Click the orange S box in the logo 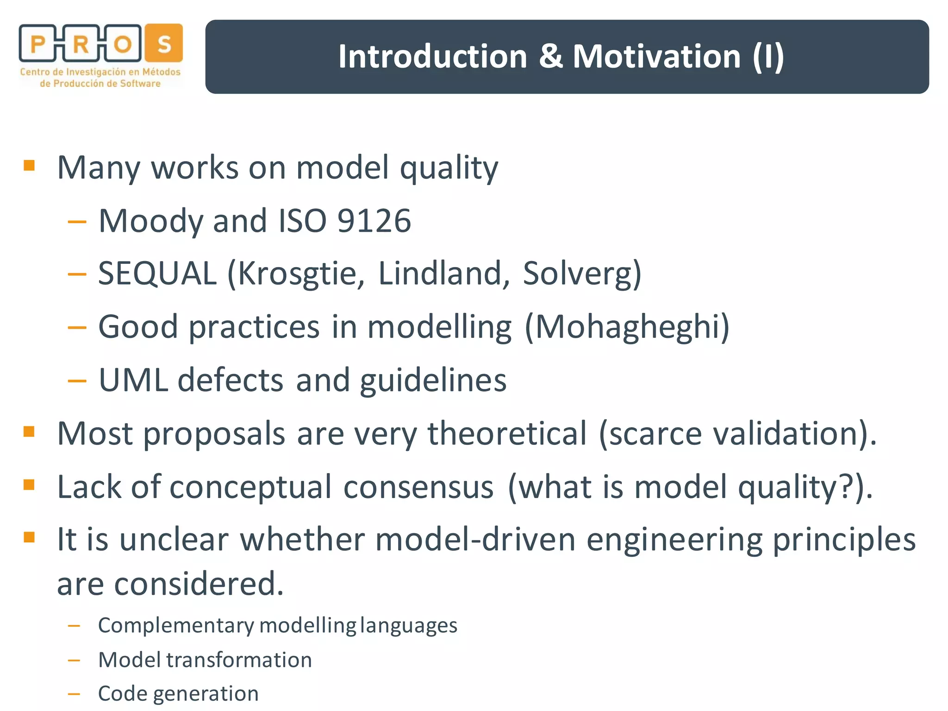tap(164, 43)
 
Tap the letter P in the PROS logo tap(38, 45)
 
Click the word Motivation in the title tap(657, 56)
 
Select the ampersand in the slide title tap(550, 56)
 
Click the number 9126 tap(374, 221)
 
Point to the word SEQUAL tap(157, 274)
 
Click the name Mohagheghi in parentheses tap(628, 327)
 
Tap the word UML tap(133, 380)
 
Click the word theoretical tap(507, 434)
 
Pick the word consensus tap(418, 487)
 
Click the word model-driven tap(475, 540)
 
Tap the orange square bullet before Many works tap(29, 165)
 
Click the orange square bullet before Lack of tap(29, 485)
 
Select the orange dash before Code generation tap(74, 694)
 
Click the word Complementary tap(176, 626)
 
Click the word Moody tap(150, 221)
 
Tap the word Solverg tap(582, 274)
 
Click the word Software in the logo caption tap(140, 84)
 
